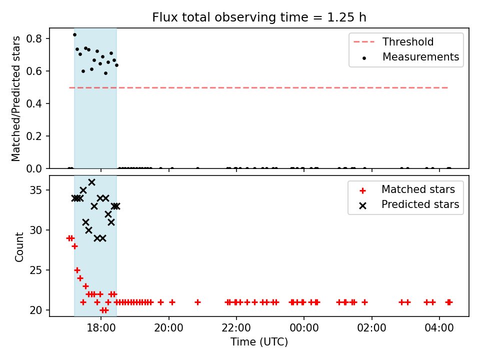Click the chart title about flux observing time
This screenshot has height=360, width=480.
[x=259, y=17]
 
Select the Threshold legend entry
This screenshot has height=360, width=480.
[x=393, y=41]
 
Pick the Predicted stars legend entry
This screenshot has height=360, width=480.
[x=409, y=204]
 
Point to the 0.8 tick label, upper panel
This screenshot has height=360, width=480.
[x=33, y=38]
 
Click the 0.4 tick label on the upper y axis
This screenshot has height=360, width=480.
[x=33, y=103]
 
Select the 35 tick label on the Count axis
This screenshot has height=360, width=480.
[x=35, y=190]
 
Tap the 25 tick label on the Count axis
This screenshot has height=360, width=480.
[x=35, y=270]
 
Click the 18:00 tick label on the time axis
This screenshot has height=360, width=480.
[x=101, y=328]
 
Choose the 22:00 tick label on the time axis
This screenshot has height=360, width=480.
[x=236, y=328]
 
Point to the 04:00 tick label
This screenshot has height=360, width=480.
[x=439, y=328]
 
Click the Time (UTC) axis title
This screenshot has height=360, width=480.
[x=259, y=341]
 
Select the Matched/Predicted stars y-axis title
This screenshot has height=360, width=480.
[x=15, y=98]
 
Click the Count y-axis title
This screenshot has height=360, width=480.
[x=19, y=246]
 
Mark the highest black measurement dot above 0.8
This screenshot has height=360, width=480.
[x=74, y=35]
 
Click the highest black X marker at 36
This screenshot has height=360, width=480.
[x=91, y=182]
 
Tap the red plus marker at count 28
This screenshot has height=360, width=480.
[x=74, y=246]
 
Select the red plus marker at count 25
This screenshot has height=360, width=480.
[x=77, y=270]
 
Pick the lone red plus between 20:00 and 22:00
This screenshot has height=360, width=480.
[x=198, y=302]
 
